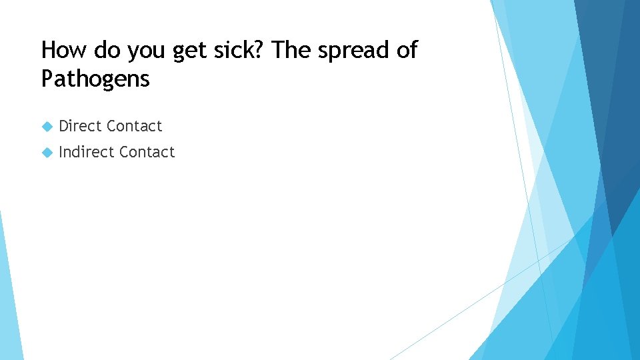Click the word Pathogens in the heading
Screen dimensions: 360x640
tap(95, 79)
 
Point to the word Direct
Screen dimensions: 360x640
tap(80, 126)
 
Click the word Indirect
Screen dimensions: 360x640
tap(86, 152)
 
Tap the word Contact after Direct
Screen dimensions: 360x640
tap(134, 126)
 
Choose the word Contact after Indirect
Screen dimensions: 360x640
tap(147, 152)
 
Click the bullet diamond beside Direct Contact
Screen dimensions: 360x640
tap(47, 126)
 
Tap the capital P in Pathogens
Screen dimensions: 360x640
tap(47, 79)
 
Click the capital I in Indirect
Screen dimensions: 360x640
tap(61, 152)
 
